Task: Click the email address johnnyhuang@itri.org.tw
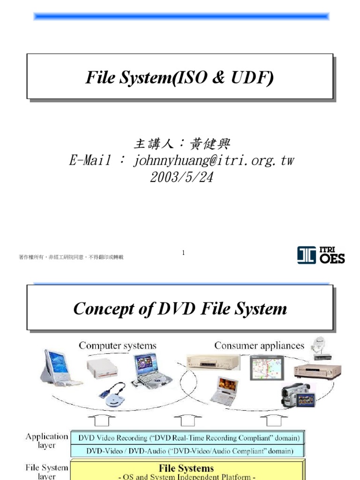click(x=213, y=161)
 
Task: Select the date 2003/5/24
click(x=180, y=177)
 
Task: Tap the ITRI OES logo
click(x=321, y=255)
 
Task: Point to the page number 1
click(x=183, y=253)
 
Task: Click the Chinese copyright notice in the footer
click(x=71, y=257)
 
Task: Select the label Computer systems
click(x=117, y=346)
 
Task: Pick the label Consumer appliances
click(x=259, y=346)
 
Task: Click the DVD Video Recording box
click(x=188, y=438)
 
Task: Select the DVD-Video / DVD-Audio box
click(x=188, y=451)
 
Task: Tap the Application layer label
click(x=46, y=441)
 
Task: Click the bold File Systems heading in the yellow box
click(x=186, y=468)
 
